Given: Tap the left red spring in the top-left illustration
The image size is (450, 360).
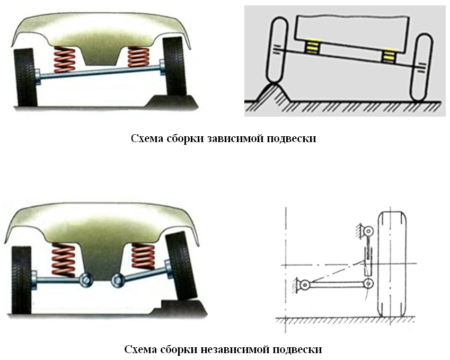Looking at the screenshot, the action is [x=65, y=59].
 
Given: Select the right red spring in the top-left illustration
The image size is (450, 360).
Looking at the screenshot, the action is [x=138, y=57].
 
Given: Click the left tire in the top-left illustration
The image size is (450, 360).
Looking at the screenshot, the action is [x=25, y=77].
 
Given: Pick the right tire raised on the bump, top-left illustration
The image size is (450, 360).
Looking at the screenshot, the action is [x=174, y=67].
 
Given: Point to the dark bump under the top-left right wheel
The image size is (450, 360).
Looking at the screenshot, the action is [x=172, y=102].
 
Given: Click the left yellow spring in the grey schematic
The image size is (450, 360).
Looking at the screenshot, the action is [x=312, y=46].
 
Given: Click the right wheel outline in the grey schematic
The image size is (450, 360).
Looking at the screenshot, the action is [x=422, y=67].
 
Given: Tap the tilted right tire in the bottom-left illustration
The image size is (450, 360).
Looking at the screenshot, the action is [x=181, y=266].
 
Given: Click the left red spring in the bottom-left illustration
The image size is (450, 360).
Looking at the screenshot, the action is [x=63, y=260].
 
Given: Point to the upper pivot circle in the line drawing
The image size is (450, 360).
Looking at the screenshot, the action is [x=368, y=231].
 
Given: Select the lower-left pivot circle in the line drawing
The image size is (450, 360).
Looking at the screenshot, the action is [x=304, y=285].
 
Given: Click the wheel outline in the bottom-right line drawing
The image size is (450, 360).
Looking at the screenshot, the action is [x=392, y=264].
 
